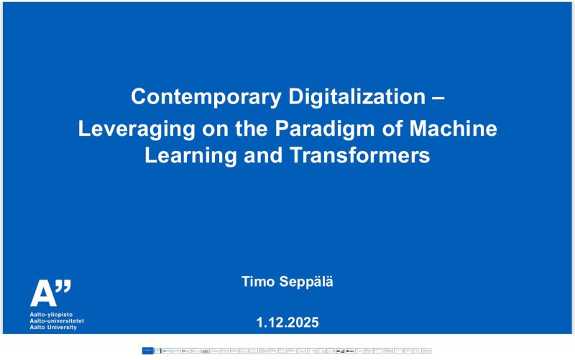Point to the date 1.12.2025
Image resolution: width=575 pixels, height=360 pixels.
(287, 323)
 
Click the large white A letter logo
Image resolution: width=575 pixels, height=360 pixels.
(41, 293)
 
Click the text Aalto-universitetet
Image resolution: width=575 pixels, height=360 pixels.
(57, 322)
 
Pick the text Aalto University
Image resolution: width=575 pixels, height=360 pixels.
(54, 328)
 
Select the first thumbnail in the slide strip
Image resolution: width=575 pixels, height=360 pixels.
(147, 351)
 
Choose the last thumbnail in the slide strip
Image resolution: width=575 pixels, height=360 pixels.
(427, 351)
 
